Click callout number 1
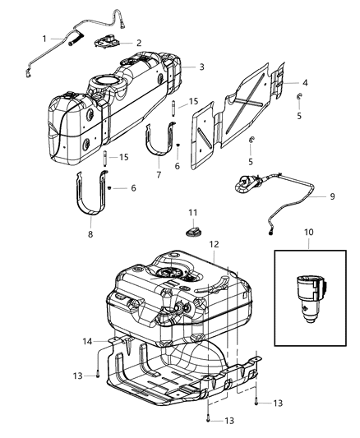(46, 38)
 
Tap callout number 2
(139, 43)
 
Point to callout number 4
(305, 83)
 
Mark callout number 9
(332, 196)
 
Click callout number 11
(193, 213)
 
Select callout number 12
(213, 244)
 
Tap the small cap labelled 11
(194, 233)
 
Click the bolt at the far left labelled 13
(98, 375)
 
